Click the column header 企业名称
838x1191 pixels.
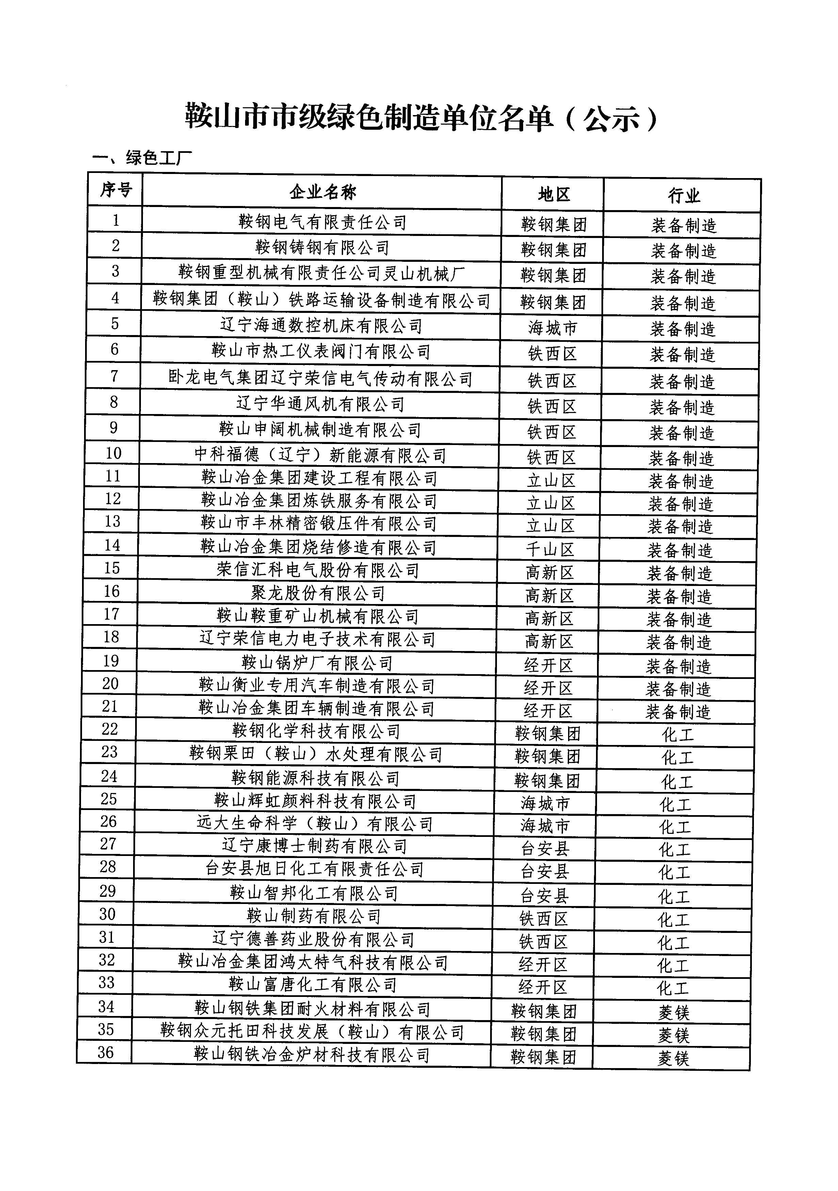tap(323, 192)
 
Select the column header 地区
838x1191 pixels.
tap(553, 194)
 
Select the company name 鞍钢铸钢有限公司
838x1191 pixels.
tap(322, 248)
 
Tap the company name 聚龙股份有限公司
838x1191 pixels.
tap(318, 593)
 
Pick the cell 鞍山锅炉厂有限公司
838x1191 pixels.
tap(317, 663)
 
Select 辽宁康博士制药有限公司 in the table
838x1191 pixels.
tap(314, 846)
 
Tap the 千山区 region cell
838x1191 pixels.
tap(550, 549)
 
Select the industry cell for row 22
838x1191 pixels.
tap(677, 734)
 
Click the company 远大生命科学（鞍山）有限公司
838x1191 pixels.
tap(314, 824)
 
